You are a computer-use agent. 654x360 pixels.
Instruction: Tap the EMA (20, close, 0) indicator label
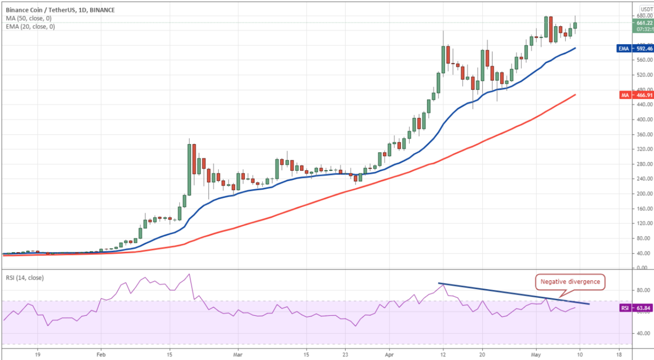pyautogui.click(x=29, y=26)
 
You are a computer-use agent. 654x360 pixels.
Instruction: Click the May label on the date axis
pyautogui.click(x=535, y=353)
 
